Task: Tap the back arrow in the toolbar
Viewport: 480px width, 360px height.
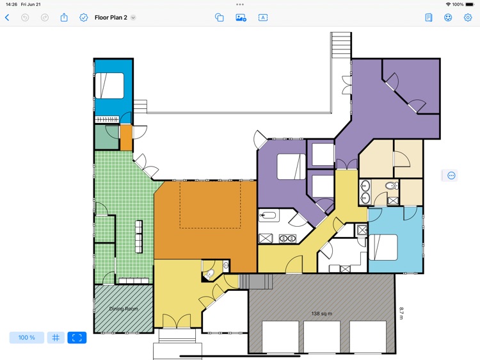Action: point(7,18)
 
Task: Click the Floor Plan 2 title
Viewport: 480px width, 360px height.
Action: point(110,18)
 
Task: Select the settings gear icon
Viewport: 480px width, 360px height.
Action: point(468,18)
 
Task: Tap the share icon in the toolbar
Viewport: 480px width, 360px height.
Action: point(64,18)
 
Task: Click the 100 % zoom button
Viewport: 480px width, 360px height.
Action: point(27,338)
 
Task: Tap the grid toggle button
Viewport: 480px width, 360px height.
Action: point(56,338)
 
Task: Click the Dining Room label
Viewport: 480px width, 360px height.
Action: point(124,309)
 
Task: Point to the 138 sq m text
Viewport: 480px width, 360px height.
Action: point(323,313)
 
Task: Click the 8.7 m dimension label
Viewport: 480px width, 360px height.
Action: point(402,313)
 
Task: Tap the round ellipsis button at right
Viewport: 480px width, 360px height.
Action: point(451,176)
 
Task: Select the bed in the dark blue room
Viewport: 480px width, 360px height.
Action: point(109,86)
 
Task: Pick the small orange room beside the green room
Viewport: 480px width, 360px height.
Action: point(126,136)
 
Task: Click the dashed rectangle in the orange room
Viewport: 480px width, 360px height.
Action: point(210,204)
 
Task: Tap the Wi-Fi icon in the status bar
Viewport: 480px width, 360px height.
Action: point(448,4)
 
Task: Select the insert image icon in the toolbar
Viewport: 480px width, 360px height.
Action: point(241,18)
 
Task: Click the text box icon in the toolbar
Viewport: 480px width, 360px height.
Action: point(262,18)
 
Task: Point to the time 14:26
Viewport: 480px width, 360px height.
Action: point(12,4)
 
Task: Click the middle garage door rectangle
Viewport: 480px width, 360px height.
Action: point(322,337)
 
